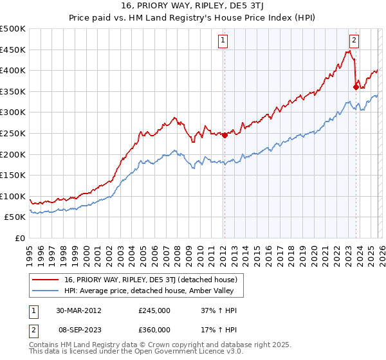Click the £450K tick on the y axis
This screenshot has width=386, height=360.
13,50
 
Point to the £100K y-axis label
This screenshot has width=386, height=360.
13,196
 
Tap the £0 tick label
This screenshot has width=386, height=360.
19,238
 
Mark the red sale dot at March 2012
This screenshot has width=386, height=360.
225,135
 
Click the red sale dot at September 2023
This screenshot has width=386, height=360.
356,87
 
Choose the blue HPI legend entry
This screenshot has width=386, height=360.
148,291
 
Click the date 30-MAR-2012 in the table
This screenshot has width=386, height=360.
78,310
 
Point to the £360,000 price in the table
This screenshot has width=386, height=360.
154,329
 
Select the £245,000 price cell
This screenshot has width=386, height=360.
154,310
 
